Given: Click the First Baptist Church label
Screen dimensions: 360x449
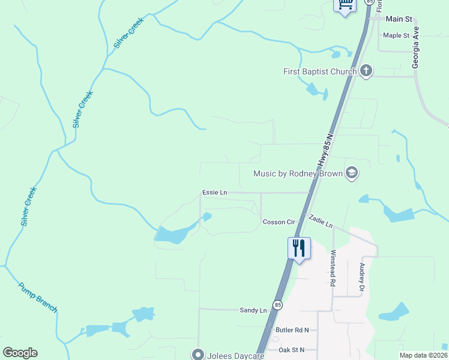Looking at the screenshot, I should tap(320, 71).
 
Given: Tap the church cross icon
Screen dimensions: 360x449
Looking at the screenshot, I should tap(366, 71).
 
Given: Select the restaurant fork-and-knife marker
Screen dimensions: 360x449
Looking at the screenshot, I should tap(299, 247).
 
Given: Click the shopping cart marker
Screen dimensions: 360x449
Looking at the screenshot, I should tap(345, 5).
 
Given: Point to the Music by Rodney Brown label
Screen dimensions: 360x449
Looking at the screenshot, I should tap(298, 174).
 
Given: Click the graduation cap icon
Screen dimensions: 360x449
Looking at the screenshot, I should tap(352, 174).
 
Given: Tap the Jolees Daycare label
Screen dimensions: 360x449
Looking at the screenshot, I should tap(236, 356).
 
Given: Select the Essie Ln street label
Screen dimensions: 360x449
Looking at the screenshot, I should tap(215, 193).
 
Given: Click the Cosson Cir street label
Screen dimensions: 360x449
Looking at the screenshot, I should tap(279, 222).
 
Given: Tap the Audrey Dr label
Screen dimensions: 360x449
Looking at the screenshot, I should tap(362, 274).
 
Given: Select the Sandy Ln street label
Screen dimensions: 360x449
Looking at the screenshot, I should tap(253, 310).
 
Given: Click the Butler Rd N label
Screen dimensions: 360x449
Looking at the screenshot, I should tap(292, 330).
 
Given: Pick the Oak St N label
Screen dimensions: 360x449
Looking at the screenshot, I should tap(292, 350).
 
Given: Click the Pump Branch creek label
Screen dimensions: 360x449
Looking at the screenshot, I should tap(38, 298).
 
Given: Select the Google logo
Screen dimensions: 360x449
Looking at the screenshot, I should tap(20, 353).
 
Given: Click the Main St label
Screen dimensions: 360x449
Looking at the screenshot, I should tap(399, 19).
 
